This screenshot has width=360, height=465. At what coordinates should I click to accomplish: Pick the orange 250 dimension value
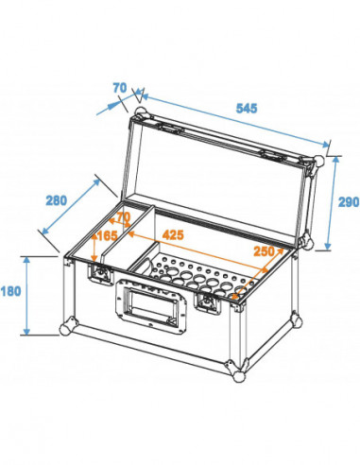(266, 250)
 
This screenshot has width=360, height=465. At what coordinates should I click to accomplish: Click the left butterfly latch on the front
(99, 274)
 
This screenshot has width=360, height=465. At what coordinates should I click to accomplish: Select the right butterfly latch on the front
(207, 302)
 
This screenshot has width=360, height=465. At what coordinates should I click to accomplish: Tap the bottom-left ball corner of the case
(65, 330)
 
